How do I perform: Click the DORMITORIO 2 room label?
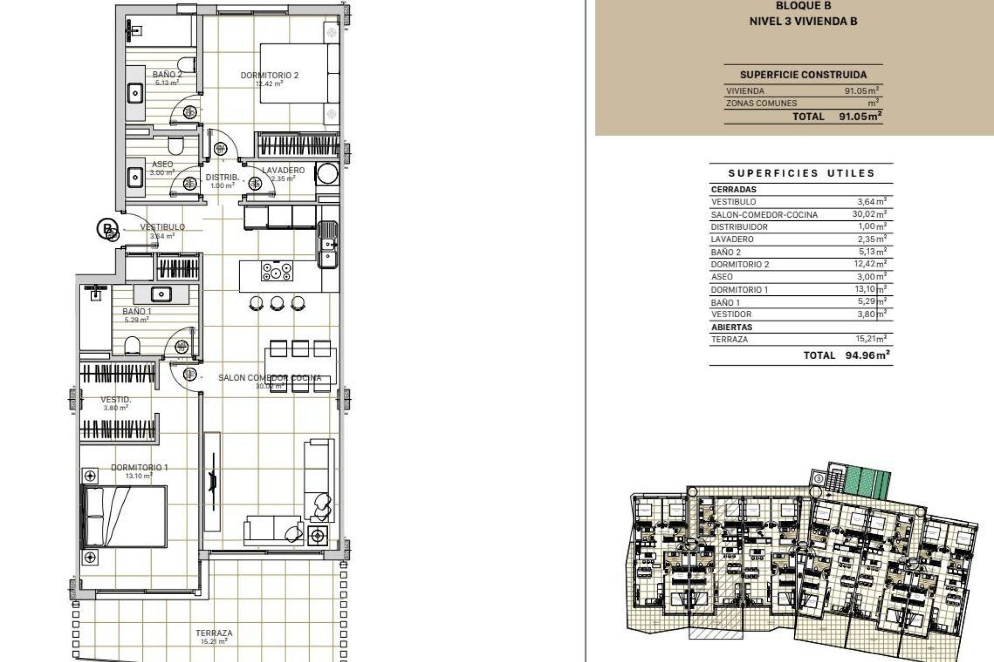(x=269, y=76)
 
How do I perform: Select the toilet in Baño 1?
(x=132, y=346)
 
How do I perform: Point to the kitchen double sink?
(x=327, y=244)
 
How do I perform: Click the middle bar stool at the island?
(x=277, y=303)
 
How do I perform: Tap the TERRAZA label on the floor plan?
(x=214, y=633)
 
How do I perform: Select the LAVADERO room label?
(x=283, y=170)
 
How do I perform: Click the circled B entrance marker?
(x=107, y=228)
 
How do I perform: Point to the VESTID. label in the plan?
(x=115, y=400)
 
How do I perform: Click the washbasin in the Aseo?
(x=136, y=178)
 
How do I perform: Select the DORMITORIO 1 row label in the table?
(x=739, y=290)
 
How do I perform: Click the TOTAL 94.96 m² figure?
(x=867, y=355)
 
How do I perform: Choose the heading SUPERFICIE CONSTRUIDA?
(x=803, y=75)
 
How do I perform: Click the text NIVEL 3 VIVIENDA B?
(x=803, y=22)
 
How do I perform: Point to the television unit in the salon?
(x=212, y=481)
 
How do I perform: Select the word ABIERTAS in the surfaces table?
(x=732, y=327)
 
